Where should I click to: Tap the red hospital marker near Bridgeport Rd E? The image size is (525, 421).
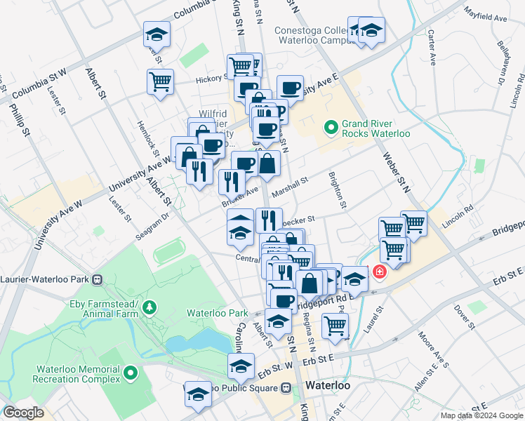(x=380, y=271)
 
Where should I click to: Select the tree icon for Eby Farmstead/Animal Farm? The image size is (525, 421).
(x=150, y=307)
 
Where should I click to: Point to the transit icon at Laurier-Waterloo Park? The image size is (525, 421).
(x=98, y=279)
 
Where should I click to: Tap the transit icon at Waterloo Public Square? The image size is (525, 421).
(x=286, y=387)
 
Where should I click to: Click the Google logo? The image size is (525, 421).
(x=23, y=413)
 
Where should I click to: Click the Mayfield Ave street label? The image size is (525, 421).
(x=485, y=16)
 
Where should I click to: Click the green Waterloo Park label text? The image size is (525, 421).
(x=218, y=313)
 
